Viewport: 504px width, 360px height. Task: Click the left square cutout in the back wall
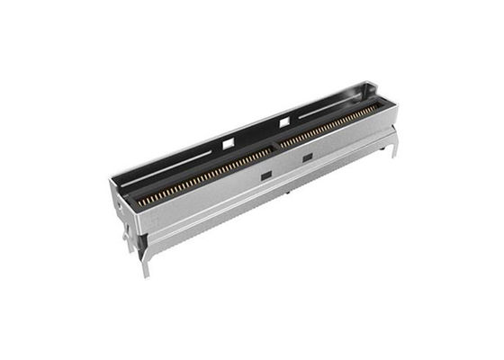pyautogui.click(x=228, y=141)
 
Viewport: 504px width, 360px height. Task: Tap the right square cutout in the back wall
pyautogui.click(x=284, y=121)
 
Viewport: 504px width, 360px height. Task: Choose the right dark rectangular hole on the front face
pyautogui.click(x=307, y=158)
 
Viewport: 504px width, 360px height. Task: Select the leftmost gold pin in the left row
pyautogui.click(x=139, y=203)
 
